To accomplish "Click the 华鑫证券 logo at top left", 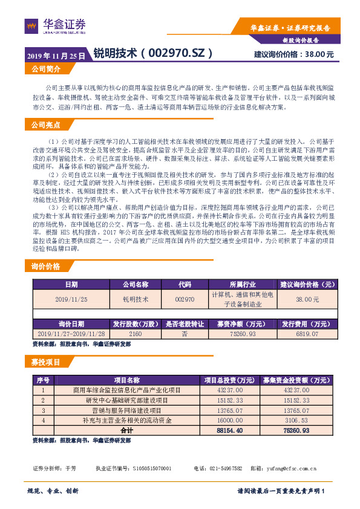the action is point(55,26).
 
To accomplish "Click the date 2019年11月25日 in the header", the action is point(56,54).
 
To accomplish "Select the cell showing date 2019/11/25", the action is point(71,299).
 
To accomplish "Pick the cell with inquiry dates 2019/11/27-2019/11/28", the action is point(71,334).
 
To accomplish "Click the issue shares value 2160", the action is point(135,334).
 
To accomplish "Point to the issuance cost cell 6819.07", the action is point(307,334).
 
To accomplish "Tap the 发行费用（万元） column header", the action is point(307,324).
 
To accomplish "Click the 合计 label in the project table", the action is point(126,430).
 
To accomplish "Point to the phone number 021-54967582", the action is point(223,468).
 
